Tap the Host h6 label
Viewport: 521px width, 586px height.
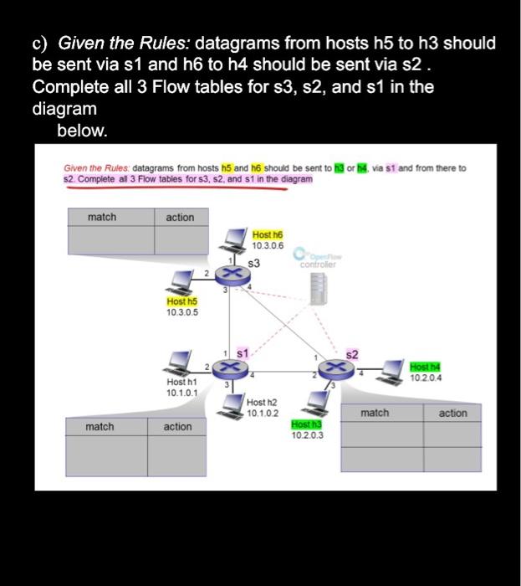click(268, 236)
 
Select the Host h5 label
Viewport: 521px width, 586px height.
click(181, 301)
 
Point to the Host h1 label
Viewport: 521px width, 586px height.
click(181, 382)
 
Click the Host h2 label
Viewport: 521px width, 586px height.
click(262, 403)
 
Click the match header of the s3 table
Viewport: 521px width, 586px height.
click(102, 218)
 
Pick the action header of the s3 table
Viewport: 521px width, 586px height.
click(180, 218)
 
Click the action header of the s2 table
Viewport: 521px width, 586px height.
click(452, 413)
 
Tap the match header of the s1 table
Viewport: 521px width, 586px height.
click(100, 427)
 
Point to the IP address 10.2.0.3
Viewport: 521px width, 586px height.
click(307, 435)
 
